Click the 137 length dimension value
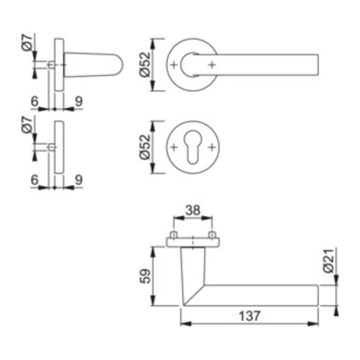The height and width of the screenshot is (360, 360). point(249,315)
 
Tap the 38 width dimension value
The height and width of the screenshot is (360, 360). point(192,209)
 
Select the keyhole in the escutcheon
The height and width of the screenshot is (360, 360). point(192,147)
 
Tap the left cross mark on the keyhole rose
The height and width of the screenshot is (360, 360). point(174,147)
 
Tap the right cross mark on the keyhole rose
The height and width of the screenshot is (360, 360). point(212,147)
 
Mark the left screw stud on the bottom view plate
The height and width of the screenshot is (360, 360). point(173,237)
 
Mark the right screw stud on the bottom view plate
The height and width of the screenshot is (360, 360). point(212,237)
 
